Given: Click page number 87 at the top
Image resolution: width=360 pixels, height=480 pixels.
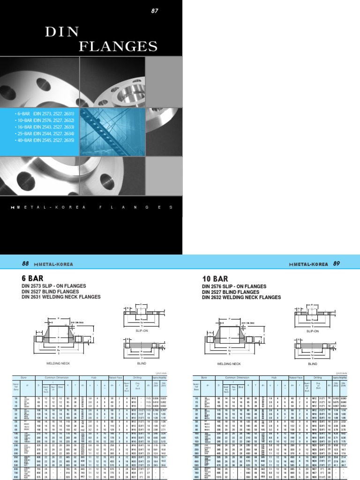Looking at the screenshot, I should pos(154,11).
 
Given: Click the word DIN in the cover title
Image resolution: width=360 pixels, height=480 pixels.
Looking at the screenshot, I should pos(58,32).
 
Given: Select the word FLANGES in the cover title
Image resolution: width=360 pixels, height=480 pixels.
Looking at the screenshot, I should pos(118,46).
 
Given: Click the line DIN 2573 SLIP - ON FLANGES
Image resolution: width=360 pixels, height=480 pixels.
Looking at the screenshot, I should pos(52,286).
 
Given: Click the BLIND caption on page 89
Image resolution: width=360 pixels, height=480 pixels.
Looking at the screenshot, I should pos(313,363).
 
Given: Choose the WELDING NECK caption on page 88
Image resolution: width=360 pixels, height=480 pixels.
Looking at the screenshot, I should pos(58,363).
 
